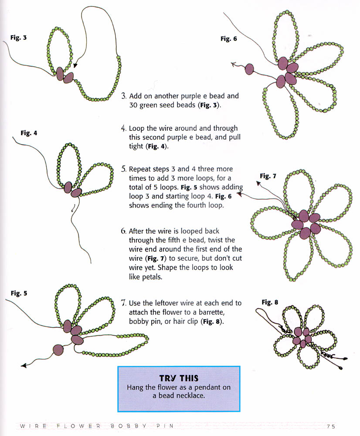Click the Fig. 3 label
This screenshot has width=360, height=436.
point(18,38)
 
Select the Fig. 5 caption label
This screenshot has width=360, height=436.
point(19,293)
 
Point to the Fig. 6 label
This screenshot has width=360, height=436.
point(229,39)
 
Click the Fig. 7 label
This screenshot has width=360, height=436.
point(268,176)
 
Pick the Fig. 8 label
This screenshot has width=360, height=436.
point(270,302)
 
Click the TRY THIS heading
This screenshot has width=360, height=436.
point(179,378)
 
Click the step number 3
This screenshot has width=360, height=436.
point(123,96)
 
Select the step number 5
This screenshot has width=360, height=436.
point(123,169)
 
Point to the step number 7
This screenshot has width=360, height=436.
point(123,303)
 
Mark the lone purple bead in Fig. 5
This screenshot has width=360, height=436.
point(58,349)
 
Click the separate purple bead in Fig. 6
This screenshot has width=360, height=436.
point(250,68)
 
